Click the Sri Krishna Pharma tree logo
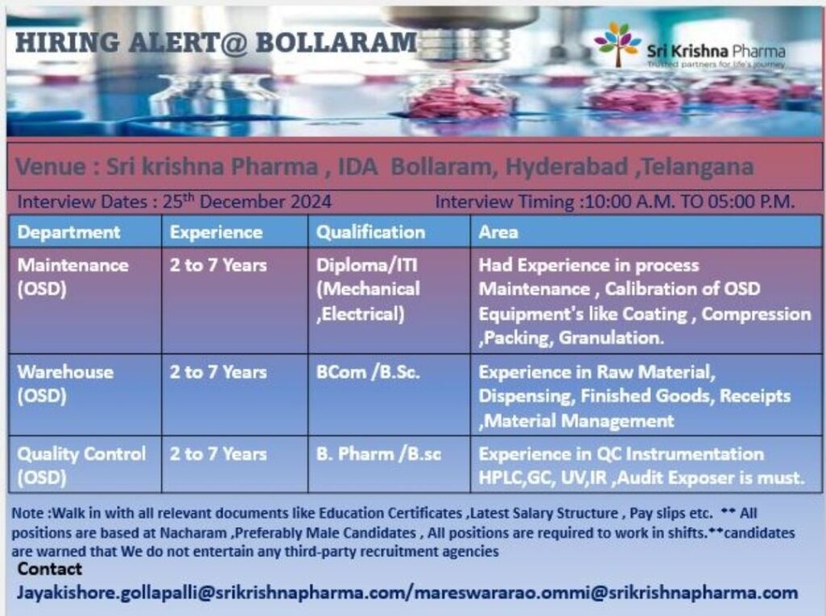click(618, 44)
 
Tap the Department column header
click(69, 233)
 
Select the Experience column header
click(216, 233)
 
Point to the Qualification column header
click(370, 233)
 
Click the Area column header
click(499, 233)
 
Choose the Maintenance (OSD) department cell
click(73, 275)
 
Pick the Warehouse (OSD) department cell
click(65, 383)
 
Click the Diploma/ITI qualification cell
click(368, 289)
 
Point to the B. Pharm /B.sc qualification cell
click(378, 454)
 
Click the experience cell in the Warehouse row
click(218, 373)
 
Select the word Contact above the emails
click(50, 569)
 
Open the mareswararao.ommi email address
click(606, 593)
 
